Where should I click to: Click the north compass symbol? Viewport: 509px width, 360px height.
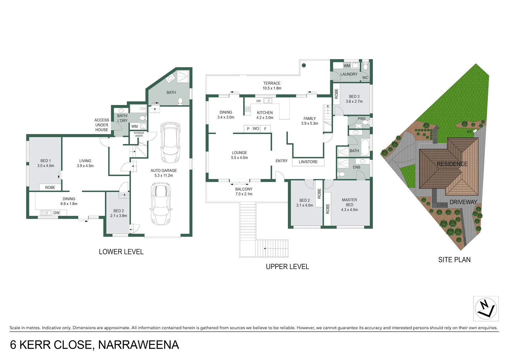[486, 308]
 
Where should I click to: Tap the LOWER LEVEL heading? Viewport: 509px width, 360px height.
[121, 252]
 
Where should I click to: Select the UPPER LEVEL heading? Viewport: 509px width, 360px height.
[287, 267]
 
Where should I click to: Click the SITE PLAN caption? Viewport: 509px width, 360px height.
[454, 260]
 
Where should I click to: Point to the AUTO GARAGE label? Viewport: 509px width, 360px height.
[164, 171]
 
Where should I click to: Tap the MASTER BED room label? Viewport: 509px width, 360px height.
[349, 202]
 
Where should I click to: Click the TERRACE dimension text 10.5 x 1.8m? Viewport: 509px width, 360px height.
[272, 88]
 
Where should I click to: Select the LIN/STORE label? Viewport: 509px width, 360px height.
[308, 162]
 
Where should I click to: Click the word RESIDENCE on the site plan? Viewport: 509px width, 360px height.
[452, 164]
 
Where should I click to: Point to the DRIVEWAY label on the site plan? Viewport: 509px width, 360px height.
[463, 202]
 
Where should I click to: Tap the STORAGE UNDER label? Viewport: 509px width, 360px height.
[139, 134]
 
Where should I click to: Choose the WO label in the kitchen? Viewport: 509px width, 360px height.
[256, 129]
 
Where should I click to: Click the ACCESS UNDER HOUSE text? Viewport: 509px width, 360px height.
[102, 125]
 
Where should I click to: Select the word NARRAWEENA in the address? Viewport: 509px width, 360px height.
[139, 345]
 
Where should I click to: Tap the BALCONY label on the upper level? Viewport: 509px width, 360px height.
[244, 189]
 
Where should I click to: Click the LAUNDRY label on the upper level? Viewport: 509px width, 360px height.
[349, 74]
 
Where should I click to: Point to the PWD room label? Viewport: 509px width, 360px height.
[361, 119]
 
